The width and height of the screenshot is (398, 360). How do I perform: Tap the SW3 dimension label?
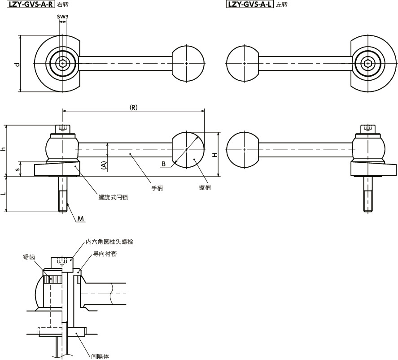pyautogui.click(x=63, y=17)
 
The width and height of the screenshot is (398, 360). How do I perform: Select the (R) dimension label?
pyautogui.click(x=133, y=107)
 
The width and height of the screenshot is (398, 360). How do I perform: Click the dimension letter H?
pyautogui.click(x=215, y=155)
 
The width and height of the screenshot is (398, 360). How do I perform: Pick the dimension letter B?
pyautogui.click(x=164, y=165)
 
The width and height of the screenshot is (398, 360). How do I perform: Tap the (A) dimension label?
pyautogui.click(x=104, y=165)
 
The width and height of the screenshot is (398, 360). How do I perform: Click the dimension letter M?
pyautogui.click(x=81, y=219)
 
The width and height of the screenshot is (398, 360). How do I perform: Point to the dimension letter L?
pyautogui.click(x=4, y=194)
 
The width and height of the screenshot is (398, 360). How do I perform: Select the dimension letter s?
pyautogui.click(x=17, y=169)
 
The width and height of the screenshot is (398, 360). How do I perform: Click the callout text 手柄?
pyautogui.click(x=157, y=188)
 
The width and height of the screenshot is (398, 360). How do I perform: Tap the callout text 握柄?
pyautogui.click(x=205, y=187)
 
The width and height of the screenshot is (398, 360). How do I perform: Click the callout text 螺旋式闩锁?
pyautogui.click(x=114, y=197)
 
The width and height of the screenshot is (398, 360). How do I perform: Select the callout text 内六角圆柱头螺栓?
pyautogui.click(x=110, y=242)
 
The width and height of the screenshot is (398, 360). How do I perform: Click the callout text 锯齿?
pyautogui.click(x=29, y=257)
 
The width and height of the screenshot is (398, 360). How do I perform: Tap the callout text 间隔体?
pyautogui.click(x=100, y=357)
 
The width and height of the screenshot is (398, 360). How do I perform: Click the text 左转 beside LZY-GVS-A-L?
pyautogui.click(x=282, y=5)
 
